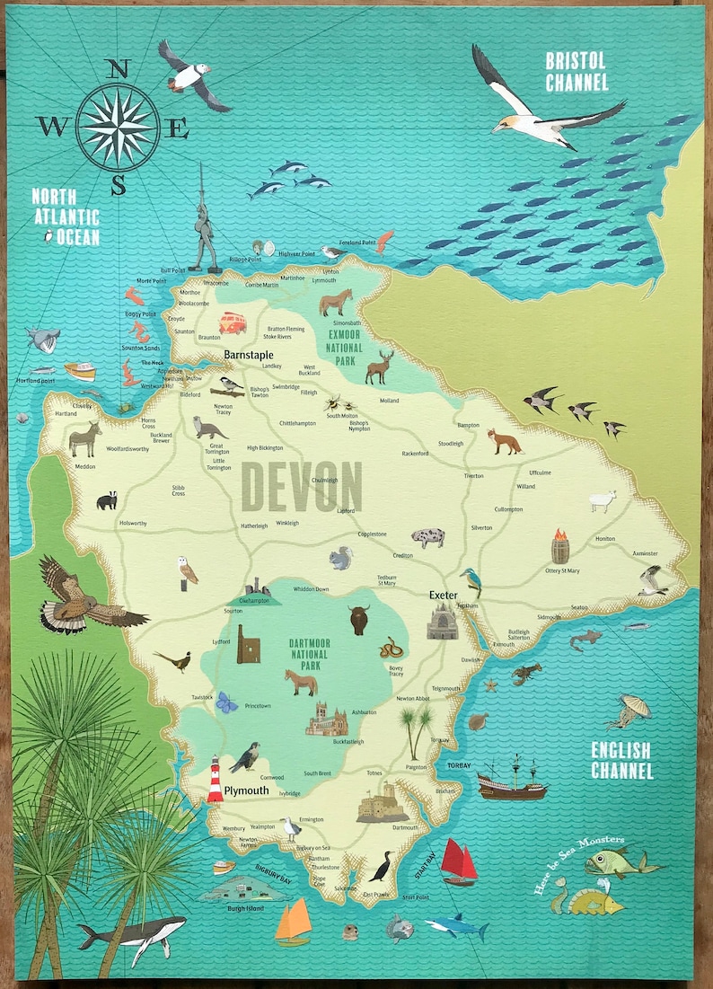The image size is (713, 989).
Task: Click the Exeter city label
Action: click(443, 596)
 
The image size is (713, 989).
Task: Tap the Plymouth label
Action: click(246, 790)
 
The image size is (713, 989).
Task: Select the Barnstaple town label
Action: click(249, 355)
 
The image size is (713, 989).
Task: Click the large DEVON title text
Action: click(302, 487)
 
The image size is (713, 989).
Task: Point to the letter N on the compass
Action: click(119, 70)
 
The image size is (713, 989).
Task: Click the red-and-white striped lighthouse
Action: click(216, 778)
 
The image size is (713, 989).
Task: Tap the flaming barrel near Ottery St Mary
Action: click(560, 545)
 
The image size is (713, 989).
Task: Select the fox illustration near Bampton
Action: click(504, 441)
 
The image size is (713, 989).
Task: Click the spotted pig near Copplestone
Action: click(427, 537)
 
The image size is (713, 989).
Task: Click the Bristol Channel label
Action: click(577, 71)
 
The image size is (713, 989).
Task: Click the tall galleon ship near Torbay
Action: click(511, 778)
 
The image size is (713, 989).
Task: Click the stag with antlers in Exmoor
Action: click(379, 366)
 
